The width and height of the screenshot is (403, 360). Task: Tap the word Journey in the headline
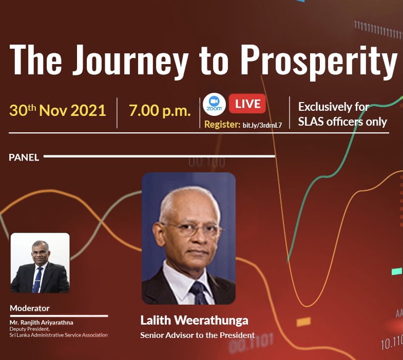point(130,61)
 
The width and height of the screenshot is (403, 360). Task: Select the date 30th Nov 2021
point(57,111)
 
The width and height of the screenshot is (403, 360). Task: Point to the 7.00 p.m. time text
point(160,111)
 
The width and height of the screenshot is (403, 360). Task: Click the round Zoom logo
point(214,105)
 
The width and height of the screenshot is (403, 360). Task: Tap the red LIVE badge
point(247,104)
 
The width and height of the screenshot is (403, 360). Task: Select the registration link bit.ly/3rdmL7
point(262,125)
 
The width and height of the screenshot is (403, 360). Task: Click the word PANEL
point(24,157)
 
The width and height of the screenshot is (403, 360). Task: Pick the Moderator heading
point(30,308)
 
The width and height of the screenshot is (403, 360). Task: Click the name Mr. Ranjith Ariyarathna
point(42,323)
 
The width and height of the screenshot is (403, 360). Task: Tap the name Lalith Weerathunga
point(194,321)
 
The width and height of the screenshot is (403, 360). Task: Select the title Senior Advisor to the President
point(197,335)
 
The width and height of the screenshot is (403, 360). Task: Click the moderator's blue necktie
point(37,279)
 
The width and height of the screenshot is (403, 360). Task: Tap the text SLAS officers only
point(342,122)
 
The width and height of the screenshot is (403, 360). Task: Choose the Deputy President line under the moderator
point(30,329)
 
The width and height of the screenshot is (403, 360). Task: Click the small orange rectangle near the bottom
point(303,322)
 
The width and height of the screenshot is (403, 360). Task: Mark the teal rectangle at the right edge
point(396,271)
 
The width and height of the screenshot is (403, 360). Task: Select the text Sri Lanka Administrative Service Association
point(59,335)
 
